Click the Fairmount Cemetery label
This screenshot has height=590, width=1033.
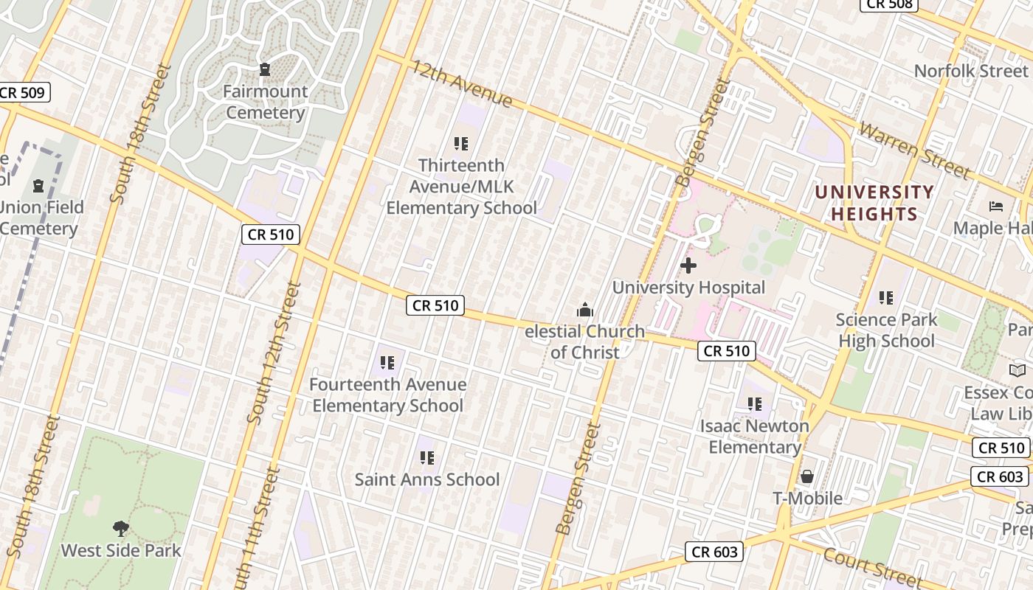pos(265,102)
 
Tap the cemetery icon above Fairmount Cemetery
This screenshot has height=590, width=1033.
pos(265,69)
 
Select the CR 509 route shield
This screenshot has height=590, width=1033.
pos(24,93)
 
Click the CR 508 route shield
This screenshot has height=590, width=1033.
pos(890,4)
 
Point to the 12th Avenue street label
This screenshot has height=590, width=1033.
pos(461,84)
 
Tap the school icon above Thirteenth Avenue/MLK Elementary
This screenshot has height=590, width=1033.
pos(461,143)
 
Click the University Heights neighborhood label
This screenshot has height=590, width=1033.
pos(874,203)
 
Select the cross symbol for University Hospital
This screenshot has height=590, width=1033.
pos(688,265)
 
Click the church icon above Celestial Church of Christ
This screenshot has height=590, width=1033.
pos(585,309)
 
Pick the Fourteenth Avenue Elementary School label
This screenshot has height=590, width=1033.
pos(387,395)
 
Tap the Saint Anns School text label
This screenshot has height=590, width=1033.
pos(427,479)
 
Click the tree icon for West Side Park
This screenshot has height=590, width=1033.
pos(120,528)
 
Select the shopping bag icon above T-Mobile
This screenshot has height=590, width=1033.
pos(807,476)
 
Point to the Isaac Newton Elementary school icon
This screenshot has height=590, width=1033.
pos(754,403)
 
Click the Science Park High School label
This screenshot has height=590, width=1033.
pos(885,330)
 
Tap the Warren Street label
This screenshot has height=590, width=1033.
pos(913,151)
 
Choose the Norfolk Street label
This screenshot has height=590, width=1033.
pos(970,71)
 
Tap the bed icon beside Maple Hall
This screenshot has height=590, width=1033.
pos(996,206)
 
